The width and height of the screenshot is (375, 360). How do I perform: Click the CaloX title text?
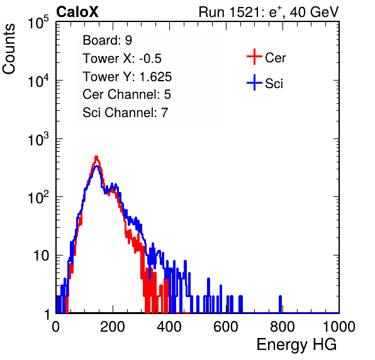(x=77, y=12)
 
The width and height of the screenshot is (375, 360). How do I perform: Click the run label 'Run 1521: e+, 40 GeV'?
(x=269, y=12)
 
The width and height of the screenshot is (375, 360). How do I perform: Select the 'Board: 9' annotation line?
(x=107, y=40)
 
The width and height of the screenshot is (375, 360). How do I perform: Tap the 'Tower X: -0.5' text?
(x=122, y=59)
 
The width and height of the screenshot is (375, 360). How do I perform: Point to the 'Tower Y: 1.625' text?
(x=127, y=77)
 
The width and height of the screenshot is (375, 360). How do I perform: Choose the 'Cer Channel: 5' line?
(x=126, y=94)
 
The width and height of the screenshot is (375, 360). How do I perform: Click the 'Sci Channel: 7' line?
(x=125, y=113)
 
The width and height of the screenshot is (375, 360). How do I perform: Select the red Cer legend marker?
(x=254, y=57)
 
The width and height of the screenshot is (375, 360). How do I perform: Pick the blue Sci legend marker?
(x=254, y=83)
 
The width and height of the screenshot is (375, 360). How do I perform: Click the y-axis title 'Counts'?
(x=9, y=49)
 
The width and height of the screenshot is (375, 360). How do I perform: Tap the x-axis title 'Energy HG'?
(x=296, y=345)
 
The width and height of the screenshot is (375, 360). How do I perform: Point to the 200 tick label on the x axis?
(x=113, y=327)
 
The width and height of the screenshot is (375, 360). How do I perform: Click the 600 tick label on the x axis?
(x=226, y=327)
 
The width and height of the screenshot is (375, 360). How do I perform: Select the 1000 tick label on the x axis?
(x=339, y=327)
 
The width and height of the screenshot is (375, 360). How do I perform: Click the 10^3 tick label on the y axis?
(x=38, y=139)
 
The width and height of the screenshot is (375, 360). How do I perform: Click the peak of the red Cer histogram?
(x=96, y=157)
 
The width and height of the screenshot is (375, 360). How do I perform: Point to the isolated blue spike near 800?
(x=280, y=304)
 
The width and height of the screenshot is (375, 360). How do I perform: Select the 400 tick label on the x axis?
(x=169, y=327)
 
